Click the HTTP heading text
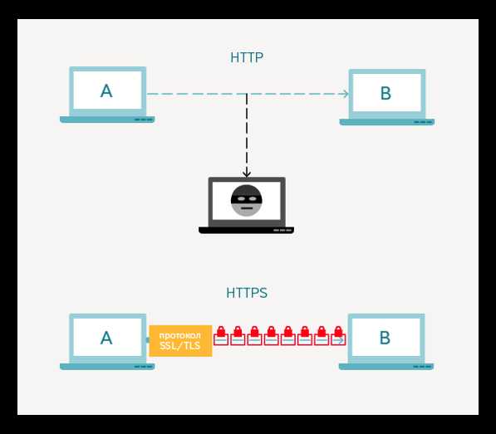247,57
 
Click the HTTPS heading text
247,293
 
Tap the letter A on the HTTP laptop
106,91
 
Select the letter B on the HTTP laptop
386,93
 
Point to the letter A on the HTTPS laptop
106,338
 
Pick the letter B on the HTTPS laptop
385,338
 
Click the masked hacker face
247,201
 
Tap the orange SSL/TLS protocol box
180,341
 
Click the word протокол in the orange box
180,335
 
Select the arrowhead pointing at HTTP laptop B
346,94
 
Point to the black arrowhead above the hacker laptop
247,173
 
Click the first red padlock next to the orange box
221,336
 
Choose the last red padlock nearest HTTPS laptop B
338,336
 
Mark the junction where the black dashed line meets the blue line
247,94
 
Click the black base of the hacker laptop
247,230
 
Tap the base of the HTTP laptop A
107,119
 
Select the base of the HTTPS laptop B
386,367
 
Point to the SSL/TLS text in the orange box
180,345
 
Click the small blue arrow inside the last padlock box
340,340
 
